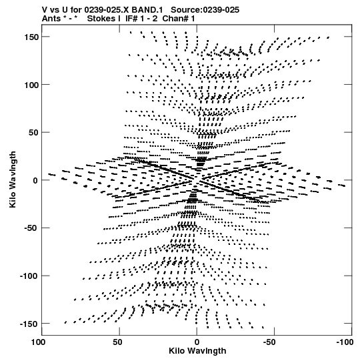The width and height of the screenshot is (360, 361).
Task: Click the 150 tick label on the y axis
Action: click(x=31, y=37)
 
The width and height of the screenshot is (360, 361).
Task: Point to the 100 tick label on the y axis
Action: click(x=31, y=85)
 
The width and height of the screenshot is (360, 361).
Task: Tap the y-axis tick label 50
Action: click(x=33, y=133)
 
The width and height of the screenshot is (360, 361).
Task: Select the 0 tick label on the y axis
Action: click(x=35, y=180)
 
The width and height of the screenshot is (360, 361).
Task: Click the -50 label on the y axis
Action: click(x=31, y=228)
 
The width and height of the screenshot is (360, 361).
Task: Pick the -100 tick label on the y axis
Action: click(x=29, y=276)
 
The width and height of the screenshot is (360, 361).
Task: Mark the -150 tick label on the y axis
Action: click(x=29, y=324)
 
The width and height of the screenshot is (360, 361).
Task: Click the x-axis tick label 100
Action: click(x=38, y=342)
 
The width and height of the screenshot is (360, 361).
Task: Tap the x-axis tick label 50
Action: click(x=117, y=342)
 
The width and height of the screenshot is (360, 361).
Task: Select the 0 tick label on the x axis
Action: click(x=197, y=342)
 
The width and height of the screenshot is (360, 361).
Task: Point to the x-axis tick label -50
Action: click(x=269, y=342)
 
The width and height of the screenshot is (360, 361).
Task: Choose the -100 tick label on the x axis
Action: click(x=345, y=342)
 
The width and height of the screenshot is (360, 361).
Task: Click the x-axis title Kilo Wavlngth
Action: click(x=197, y=351)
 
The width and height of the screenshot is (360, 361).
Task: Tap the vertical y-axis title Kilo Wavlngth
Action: click(x=13, y=179)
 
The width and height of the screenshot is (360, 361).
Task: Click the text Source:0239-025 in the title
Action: click(x=205, y=10)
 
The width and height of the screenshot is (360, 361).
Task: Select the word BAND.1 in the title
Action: click(x=147, y=10)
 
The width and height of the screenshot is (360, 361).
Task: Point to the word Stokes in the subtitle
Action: click(x=103, y=19)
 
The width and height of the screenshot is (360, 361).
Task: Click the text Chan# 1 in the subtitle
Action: click(x=179, y=19)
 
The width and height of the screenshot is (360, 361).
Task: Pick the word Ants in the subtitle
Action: click(x=51, y=19)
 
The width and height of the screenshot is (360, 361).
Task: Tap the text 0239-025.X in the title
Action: click(x=107, y=10)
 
